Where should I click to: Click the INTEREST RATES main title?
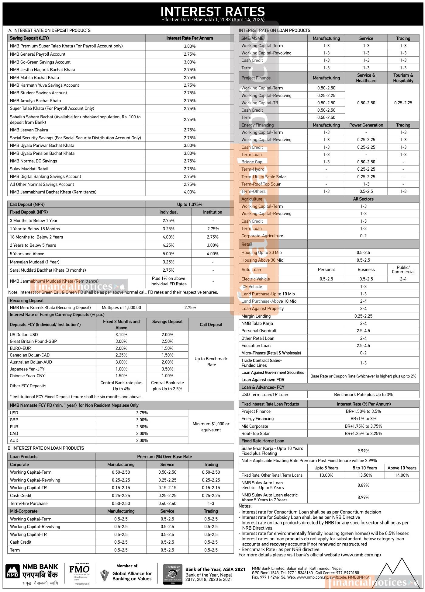point(212,12)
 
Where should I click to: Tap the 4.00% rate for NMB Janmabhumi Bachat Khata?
point(189,192)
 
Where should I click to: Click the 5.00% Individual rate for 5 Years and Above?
point(168,254)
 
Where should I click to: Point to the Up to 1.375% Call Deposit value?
point(189,204)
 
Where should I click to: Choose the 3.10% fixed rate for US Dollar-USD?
point(121,335)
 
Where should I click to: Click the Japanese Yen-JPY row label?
point(27,369)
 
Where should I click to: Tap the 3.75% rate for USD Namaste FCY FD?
point(142,413)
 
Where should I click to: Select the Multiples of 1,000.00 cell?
point(121,308)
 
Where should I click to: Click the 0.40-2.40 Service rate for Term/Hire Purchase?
point(167,503)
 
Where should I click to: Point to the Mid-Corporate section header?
point(24,511)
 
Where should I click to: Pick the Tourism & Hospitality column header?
point(403,78)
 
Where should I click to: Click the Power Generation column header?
point(366,125)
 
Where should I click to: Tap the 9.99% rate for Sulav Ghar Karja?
point(363,451)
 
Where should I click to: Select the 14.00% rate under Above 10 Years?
point(402,475)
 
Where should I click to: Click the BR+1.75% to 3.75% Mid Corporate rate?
point(363,426)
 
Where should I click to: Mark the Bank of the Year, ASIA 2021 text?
point(215,569)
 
